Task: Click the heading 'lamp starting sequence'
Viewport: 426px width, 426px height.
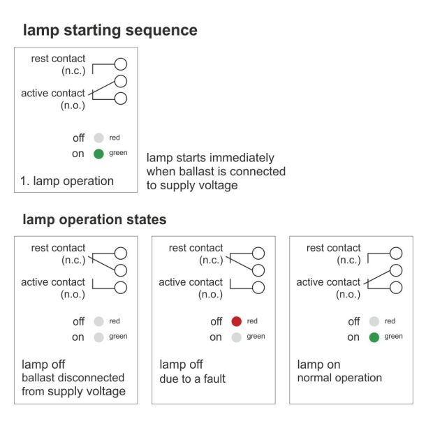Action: click(110, 30)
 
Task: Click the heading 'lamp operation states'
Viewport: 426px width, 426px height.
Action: click(94, 219)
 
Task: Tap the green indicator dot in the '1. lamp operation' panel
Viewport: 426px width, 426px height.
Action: click(99, 153)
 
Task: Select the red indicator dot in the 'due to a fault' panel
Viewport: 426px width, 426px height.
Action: click(237, 322)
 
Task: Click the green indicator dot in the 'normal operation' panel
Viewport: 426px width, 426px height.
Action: click(374, 337)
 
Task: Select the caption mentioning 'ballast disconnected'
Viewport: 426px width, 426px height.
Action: click(73, 378)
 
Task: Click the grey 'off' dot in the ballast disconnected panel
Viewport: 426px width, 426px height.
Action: click(99, 322)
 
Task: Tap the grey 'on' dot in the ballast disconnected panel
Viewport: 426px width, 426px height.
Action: click(99, 337)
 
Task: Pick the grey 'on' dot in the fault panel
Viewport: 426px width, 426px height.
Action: click(237, 337)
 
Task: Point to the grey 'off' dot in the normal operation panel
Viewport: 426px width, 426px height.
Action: click(374, 322)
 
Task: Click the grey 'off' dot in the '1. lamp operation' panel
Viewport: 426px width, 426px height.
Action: click(99, 138)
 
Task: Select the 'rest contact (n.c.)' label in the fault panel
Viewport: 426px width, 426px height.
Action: click(196, 254)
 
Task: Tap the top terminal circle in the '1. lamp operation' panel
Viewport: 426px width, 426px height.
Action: click(120, 65)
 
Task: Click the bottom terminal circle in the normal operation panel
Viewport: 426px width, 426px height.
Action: click(396, 288)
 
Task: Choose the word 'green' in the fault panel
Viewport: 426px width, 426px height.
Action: click(256, 337)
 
